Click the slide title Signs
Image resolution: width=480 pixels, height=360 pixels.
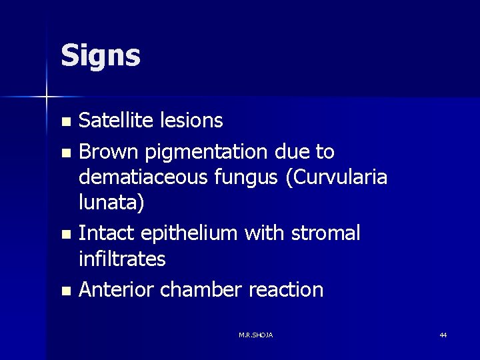(x=100, y=56)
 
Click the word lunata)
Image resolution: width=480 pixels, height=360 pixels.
(x=111, y=203)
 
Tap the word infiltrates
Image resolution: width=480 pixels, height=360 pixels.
(x=122, y=259)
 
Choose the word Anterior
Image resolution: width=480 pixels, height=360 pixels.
(x=116, y=290)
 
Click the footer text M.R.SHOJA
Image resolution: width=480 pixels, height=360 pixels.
(x=255, y=335)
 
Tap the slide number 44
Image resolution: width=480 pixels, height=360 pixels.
(x=443, y=335)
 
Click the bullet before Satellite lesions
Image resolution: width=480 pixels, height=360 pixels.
(x=65, y=122)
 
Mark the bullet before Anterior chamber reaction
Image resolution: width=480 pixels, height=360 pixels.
(x=65, y=291)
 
